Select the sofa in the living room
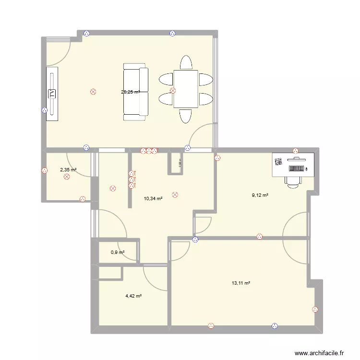[135, 92]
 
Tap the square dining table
[186, 89]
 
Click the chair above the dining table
[186, 63]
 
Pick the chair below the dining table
[186, 116]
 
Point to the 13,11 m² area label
[241, 283]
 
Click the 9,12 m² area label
[260, 195]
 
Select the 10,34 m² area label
[153, 198]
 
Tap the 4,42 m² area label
[133, 296]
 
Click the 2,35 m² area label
[68, 169]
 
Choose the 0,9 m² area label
[118, 252]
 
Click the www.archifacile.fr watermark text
[320, 352]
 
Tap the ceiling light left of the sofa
[93, 91]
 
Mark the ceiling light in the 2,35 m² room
[66, 177]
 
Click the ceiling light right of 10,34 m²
[175, 195]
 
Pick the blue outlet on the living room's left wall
[45, 110]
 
